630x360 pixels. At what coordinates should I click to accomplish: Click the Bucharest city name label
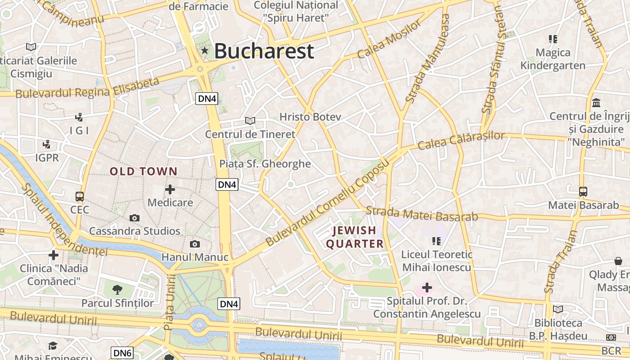(264, 51)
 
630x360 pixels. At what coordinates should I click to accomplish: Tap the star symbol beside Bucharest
(205, 50)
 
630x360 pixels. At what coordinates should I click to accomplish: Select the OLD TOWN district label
(144, 171)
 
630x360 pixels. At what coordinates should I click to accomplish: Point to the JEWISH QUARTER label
(355, 237)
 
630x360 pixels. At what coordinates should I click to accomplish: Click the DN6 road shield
(122, 353)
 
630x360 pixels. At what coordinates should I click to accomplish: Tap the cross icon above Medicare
(170, 189)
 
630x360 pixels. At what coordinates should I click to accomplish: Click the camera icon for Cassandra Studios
(134, 218)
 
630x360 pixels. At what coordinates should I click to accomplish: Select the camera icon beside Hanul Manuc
(194, 244)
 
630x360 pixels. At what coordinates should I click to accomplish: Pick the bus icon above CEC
(80, 197)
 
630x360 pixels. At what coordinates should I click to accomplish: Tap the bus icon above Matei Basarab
(583, 192)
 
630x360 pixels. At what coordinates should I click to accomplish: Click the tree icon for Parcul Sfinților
(117, 289)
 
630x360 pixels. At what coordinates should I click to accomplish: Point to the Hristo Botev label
(310, 117)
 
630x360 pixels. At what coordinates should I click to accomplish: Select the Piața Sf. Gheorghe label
(265, 164)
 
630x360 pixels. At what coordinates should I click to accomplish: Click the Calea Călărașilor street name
(461, 140)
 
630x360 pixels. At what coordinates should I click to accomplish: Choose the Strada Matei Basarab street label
(422, 214)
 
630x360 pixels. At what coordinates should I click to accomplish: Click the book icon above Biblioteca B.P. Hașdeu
(558, 309)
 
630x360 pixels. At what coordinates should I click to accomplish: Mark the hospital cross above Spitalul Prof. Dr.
(427, 287)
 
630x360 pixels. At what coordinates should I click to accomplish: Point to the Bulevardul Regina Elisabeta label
(87, 88)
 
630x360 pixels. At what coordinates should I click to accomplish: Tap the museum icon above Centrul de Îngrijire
(596, 102)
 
